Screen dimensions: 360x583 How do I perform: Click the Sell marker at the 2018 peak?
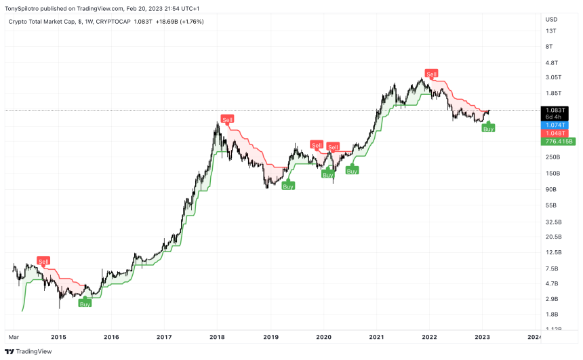[228, 119]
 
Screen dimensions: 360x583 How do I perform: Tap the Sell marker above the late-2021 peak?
[431, 73]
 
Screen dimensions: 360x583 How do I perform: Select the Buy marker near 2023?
[488, 127]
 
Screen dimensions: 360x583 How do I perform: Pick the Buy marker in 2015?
[85, 304]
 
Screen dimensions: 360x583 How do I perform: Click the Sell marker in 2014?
[44, 261]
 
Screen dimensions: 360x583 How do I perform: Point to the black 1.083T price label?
[558, 110]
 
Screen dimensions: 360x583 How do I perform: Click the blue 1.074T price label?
[558, 125]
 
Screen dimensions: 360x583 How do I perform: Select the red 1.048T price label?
[558, 134]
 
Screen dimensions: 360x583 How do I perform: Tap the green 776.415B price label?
[558, 142]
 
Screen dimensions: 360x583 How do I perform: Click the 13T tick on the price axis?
[550, 31]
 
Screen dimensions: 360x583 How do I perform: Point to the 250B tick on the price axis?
[552, 157]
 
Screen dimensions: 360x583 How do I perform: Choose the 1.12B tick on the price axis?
[553, 329]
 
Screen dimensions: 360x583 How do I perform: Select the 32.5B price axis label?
[553, 222]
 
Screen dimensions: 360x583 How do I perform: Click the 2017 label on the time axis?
[164, 337]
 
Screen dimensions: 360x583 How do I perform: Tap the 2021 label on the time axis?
[377, 337]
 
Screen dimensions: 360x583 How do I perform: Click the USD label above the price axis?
[551, 18]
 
